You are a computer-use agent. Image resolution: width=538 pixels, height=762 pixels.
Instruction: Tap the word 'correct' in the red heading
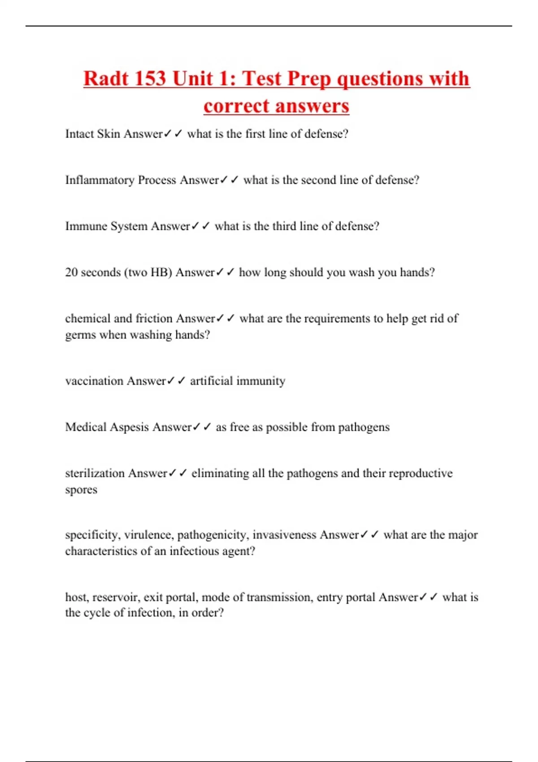(x=236, y=106)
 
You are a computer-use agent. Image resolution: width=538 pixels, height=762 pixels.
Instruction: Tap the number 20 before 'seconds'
(x=71, y=273)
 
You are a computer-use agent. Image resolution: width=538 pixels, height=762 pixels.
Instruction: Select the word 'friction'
(x=154, y=319)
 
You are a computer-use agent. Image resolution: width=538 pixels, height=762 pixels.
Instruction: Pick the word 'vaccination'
(x=94, y=381)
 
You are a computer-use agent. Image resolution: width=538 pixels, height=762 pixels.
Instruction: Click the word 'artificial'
(x=211, y=381)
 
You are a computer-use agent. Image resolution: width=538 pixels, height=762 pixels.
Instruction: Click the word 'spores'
(x=81, y=490)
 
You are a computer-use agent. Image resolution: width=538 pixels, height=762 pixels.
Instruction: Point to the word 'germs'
(x=80, y=335)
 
